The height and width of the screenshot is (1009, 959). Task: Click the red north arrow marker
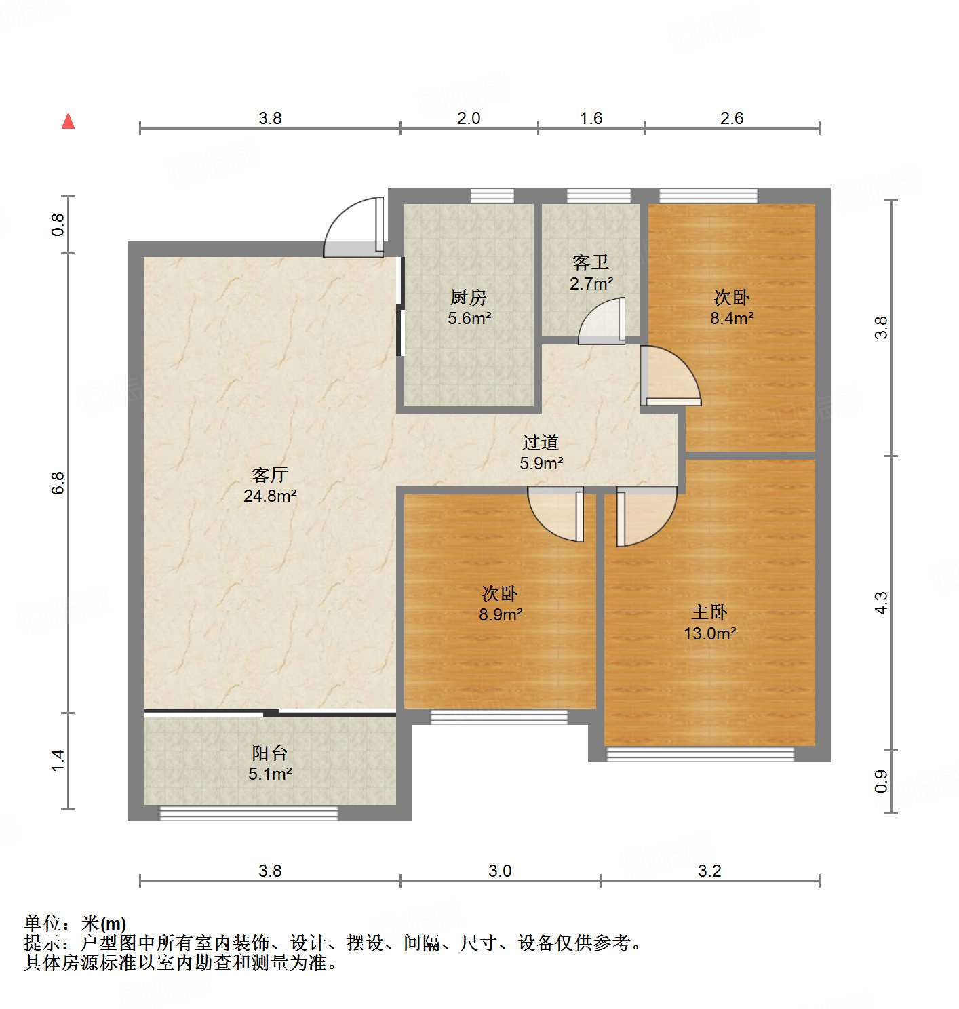pyautogui.click(x=68, y=121)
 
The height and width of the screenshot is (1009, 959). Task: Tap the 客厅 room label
pyautogui.click(x=269, y=475)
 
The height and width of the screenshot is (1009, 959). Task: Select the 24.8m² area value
pyautogui.click(x=269, y=496)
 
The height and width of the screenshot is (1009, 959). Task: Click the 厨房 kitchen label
pyautogui.click(x=468, y=297)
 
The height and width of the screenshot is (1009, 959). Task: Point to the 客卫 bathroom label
pyautogui.click(x=591, y=262)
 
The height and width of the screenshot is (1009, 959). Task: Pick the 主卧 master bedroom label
pyautogui.click(x=709, y=612)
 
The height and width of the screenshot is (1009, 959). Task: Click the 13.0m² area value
pyautogui.click(x=709, y=633)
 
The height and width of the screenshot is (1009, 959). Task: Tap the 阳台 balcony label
pyautogui.click(x=269, y=753)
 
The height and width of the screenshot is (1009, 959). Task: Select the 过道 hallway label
pyautogui.click(x=541, y=442)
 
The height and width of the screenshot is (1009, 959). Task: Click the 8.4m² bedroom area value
pyautogui.click(x=732, y=318)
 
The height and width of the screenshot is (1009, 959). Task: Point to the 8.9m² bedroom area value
pyautogui.click(x=501, y=615)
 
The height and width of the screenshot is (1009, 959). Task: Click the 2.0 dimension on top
pyautogui.click(x=468, y=118)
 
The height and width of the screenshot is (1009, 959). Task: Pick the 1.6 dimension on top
pyautogui.click(x=591, y=118)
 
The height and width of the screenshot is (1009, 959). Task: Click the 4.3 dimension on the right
pyautogui.click(x=880, y=602)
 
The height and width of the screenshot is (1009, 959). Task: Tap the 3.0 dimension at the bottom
pyautogui.click(x=500, y=871)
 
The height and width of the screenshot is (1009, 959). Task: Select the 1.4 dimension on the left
pyautogui.click(x=58, y=759)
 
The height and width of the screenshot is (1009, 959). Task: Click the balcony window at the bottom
pyautogui.click(x=248, y=813)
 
